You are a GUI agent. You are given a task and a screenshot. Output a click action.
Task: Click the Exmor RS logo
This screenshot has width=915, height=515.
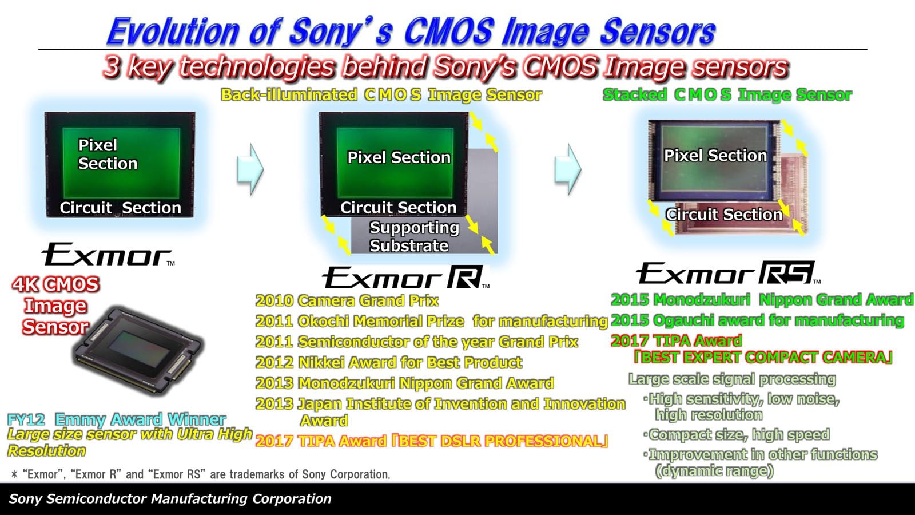[x=728, y=272]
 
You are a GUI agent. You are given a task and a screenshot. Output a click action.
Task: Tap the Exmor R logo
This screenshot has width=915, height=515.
[x=405, y=278]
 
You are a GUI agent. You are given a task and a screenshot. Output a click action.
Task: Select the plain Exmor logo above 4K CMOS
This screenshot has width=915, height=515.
[x=108, y=254]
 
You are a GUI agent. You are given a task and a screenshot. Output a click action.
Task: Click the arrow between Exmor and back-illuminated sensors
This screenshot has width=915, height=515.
[x=250, y=169]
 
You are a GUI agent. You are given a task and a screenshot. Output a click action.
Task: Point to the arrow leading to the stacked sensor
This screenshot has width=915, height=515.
[x=568, y=169]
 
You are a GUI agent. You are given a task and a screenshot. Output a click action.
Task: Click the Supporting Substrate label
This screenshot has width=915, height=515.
[x=414, y=237]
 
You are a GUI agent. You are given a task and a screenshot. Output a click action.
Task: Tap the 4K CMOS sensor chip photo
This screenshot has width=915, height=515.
[x=138, y=351]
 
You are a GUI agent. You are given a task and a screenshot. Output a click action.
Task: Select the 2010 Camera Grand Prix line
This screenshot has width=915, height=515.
[x=347, y=301]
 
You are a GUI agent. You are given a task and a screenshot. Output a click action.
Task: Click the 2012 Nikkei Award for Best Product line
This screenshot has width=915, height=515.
[x=389, y=363]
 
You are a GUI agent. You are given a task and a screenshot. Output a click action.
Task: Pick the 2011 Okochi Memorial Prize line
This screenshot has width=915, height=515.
[x=431, y=321]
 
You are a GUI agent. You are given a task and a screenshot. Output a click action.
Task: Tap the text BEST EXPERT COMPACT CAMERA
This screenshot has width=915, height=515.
[x=763, y=358]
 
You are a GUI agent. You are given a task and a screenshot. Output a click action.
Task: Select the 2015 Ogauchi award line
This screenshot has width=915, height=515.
[x=757, y=320]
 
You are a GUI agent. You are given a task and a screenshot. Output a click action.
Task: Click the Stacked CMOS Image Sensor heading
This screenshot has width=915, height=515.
[x=727, y=95]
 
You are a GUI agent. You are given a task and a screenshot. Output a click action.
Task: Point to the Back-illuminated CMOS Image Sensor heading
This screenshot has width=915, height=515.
[x=381, y=95]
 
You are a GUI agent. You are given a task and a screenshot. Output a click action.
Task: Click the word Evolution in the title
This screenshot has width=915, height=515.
[x=173, y=31]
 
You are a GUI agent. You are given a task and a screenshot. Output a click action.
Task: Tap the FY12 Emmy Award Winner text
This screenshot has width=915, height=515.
[x=117, y=419]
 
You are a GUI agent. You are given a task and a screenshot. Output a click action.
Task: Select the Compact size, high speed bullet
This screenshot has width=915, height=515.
[x=737, y=434]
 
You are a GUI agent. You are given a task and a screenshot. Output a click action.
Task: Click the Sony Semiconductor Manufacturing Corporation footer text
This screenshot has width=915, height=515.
[x=170, y=498]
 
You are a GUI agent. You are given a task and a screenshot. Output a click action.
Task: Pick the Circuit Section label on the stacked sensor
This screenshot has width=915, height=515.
[x=723, y=215]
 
